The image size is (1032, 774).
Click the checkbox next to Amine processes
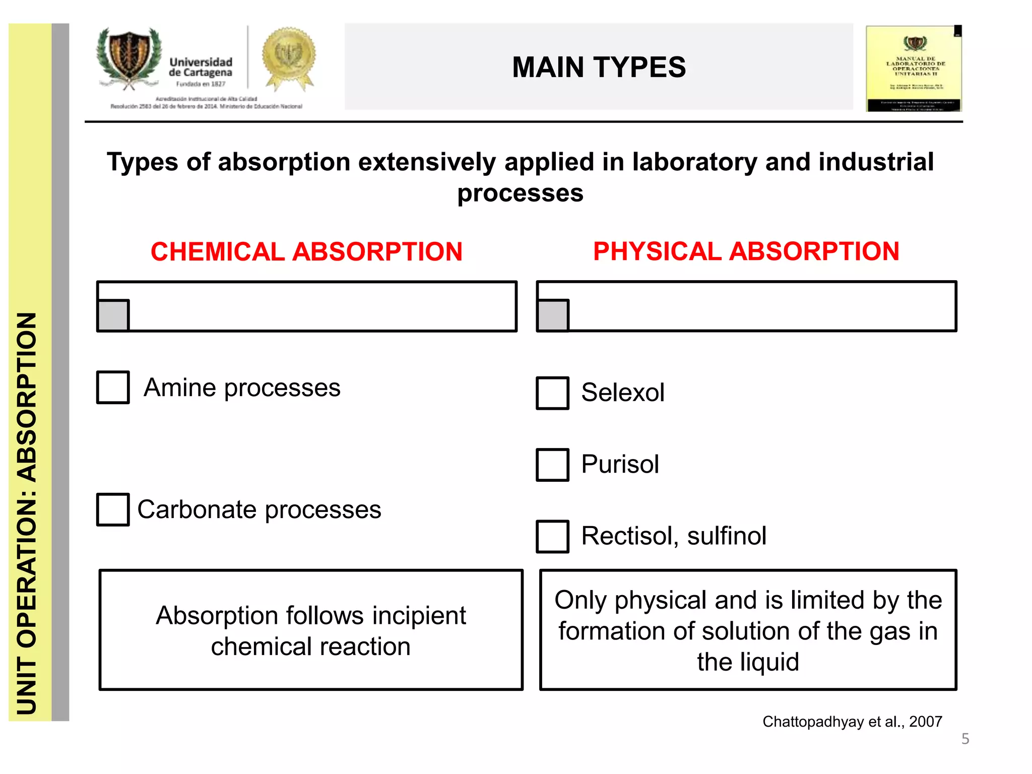113,388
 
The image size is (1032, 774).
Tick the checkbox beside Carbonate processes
113,509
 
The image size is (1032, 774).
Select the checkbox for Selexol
553,393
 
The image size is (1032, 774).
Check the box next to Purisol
553,465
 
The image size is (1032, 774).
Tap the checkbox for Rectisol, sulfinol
553,536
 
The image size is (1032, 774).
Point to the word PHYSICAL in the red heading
657,251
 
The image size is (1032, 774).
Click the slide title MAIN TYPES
599,67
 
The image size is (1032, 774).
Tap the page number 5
965,739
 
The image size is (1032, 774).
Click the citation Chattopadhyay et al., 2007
852,722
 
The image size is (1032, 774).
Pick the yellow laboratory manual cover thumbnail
914,68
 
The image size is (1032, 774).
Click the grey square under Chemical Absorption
113,315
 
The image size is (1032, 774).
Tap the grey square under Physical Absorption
553,315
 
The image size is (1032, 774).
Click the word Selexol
622,393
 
